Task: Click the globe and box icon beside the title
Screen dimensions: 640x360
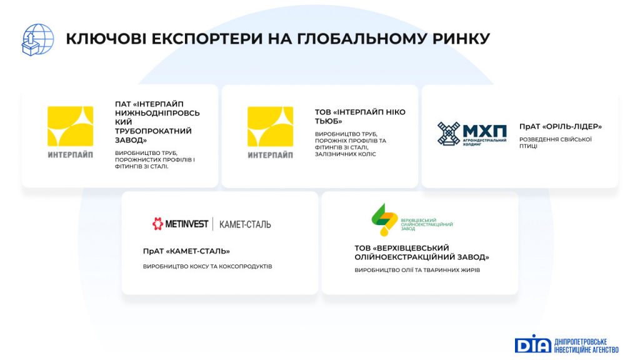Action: pyautogui.click(x=37, y=39)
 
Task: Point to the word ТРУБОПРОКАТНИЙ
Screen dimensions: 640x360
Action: pyautogui.click(x=153, y=131)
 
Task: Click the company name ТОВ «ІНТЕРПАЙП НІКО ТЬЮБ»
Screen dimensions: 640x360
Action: pyautogui.click(x=360, y=116)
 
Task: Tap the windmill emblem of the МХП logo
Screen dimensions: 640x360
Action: pyautogui.click(x=449, y=133)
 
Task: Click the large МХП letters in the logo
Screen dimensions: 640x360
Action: pyautogui.click(x=485, y=131)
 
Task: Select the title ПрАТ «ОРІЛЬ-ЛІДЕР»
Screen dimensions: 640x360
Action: pyautogui.click(x=561, y=126)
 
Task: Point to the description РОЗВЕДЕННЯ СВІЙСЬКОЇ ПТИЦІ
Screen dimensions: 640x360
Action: pyautogui.click(x=555, y=142)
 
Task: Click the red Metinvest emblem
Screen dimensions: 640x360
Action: pyautogui.click(x=157, y=224)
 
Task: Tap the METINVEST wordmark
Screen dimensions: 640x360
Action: pyautogui.click(x=186, y=224)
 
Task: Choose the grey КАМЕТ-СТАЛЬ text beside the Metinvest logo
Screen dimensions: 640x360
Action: pyautogui.click(x=245, y=224)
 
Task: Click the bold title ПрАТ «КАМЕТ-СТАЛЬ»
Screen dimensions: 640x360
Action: pyautogui.click(x=186, y=251)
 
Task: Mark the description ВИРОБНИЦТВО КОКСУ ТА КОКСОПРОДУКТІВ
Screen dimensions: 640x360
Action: pyautogui.click(x=207, y=266)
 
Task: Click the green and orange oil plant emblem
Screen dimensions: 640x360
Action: pyautogui.click(x=384, y=219)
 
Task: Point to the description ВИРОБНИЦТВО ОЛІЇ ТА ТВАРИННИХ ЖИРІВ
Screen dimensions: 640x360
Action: pyautogui.click(x=417, y=270)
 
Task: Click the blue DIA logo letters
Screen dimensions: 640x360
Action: pyautogui.click(x=533, y=344)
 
